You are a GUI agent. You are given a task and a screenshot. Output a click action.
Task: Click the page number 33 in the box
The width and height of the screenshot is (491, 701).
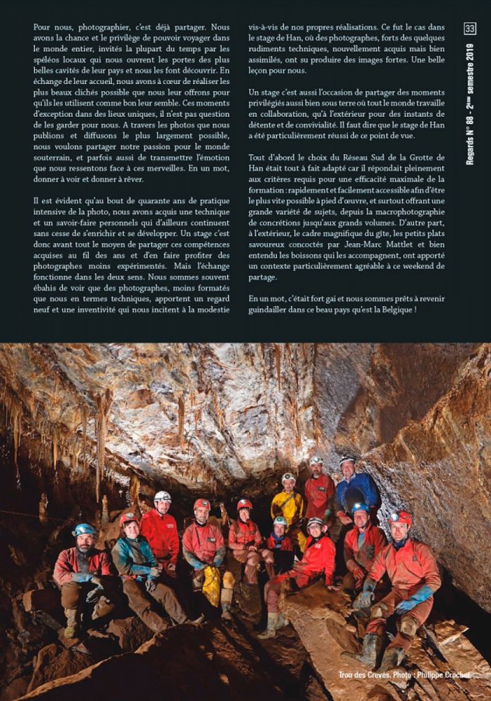point(469,29)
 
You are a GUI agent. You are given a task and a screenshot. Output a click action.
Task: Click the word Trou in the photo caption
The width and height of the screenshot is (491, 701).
point(346,675)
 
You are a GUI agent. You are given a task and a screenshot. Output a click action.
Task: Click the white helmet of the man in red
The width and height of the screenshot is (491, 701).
point(162,496)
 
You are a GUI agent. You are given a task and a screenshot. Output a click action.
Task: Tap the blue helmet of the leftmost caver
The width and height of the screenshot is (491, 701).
point(83,530)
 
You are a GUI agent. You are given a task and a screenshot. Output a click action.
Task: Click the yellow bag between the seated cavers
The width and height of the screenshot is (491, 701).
point(212,585)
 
